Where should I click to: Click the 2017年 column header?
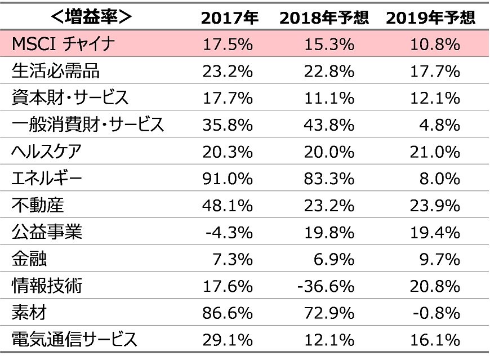click(x=230, y=17)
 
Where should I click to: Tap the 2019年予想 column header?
click(x=431, y=17)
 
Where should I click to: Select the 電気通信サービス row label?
click(x=74, y=340)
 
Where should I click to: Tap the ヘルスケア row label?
click(x=47, y=152)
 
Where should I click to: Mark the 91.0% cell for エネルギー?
click(x=228, y=179)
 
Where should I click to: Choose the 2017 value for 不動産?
click(x=228, y=206)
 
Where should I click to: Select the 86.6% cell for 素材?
click(x=228, y=313)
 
